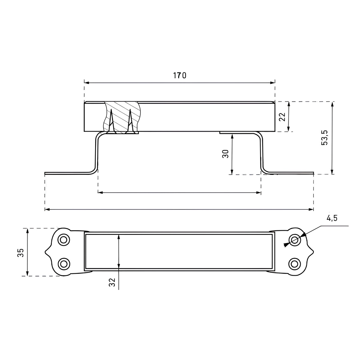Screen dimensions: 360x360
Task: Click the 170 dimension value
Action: [x=179, y=75]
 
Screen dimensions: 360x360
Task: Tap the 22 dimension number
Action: [x=282, y=117]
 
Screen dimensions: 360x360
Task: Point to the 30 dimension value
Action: [x=226, y=154]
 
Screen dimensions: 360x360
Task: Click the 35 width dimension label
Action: [x=21, y=253]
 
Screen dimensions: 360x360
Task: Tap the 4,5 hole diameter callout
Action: [x=332, y=218]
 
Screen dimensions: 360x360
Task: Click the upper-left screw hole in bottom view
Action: [x=64, y=240]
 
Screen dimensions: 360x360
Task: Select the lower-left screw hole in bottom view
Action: [x=64, y=264]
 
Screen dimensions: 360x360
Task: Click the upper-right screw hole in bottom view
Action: [x=295, y=240]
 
